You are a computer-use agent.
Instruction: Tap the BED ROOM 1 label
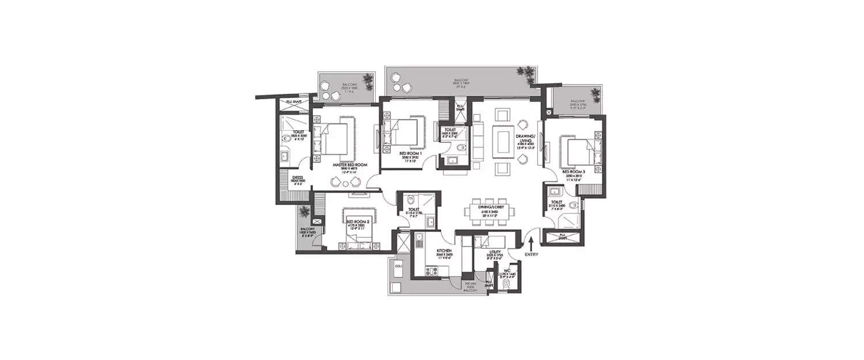coord(412,153)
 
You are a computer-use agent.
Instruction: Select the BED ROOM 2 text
coord(358,221)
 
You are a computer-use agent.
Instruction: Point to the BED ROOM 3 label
coord(574,172)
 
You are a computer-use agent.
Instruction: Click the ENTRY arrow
coord(532,239)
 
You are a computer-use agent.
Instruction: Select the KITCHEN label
coord(427,252)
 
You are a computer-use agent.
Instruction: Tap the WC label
coord(508,269)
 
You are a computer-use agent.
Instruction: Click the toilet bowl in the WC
coord(506,285)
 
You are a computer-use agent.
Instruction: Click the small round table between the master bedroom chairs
coord(346,183)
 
